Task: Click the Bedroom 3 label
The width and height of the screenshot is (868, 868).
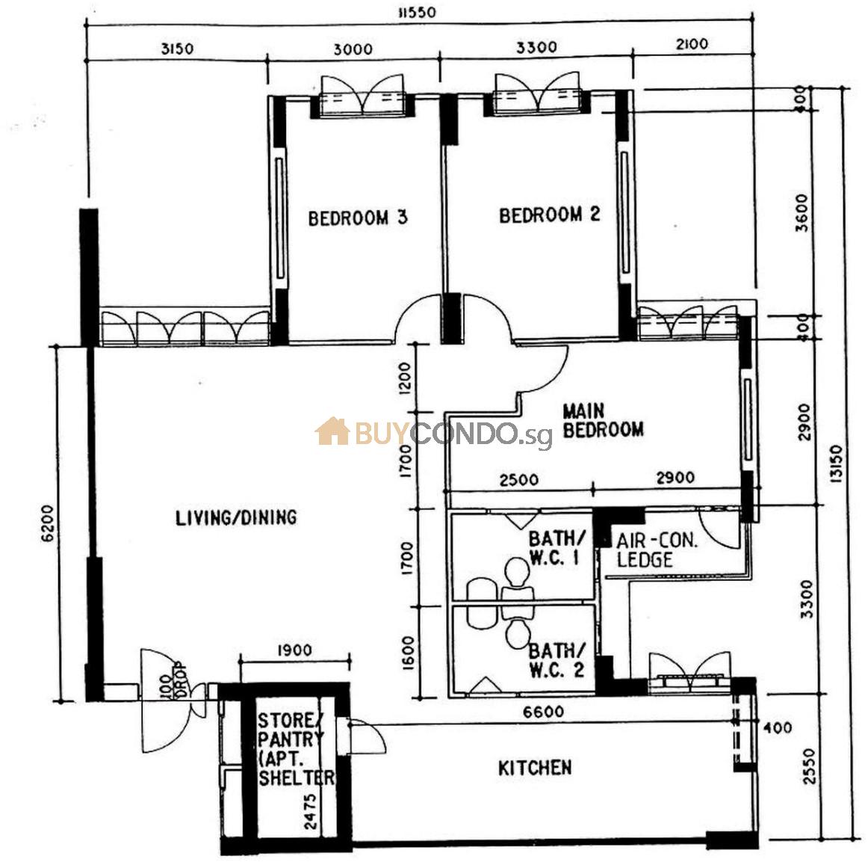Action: click(x=358, y=218)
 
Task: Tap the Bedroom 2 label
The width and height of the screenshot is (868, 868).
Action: click(x=549, y=215)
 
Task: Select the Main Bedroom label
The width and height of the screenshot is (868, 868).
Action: click(x=603, y=420)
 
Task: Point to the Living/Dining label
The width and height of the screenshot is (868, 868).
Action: click(x=236, y=517)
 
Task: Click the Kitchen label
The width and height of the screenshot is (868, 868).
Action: click(x=535, y=768)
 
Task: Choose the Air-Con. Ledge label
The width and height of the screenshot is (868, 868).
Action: click(x=657, y=550)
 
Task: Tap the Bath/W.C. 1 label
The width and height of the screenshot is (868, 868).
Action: click(x=556, y=548)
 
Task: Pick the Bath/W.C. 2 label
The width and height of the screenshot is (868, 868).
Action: click(x=557, y=659)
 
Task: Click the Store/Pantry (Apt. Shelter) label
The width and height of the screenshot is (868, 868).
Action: click(x=296, y=749)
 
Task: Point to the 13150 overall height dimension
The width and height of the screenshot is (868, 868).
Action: click(x=836, y=463)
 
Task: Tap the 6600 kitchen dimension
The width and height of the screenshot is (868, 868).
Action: click(x=544, y=711)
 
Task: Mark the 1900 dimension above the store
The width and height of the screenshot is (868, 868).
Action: click(x=294, y=650)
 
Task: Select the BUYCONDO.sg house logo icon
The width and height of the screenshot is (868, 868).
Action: click(x=332, y=431)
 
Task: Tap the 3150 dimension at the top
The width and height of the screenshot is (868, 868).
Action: click(x=178, y=49)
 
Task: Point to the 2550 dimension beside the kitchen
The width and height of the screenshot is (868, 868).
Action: click(x=809, y=766)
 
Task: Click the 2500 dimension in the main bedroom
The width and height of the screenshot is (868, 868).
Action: click(x=518, y=479)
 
